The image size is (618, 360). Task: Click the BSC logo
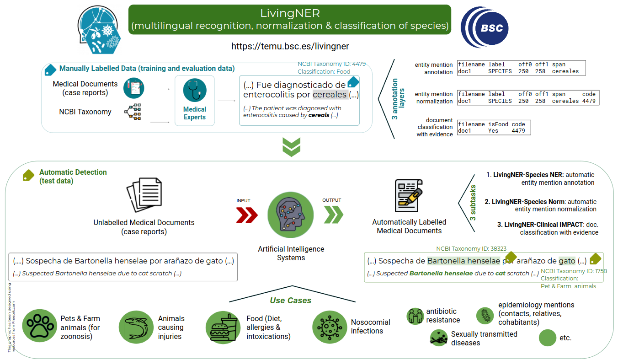(484, 28)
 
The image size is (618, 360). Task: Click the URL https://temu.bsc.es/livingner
(290, 46)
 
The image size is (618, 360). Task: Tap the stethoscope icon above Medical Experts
(195, 90)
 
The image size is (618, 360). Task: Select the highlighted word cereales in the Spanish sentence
(330, 95)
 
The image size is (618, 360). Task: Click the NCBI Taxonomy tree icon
(133, 112)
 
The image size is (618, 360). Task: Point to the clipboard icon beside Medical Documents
(133, 88)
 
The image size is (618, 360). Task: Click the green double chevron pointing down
(291, 146)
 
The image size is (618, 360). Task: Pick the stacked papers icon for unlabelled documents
(144, 195)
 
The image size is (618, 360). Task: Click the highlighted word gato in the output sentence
(567, 261)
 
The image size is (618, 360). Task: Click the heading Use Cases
(290, 301)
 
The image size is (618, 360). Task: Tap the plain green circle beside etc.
(547, 338)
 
